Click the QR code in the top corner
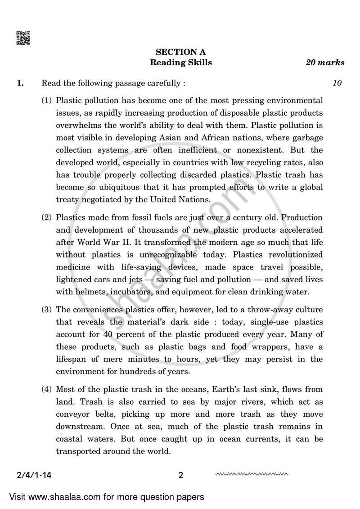pyautogui.click(x=23, y=38)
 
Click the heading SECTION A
pyautogui.click(x=180, y=52)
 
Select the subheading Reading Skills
pyautogui.click(x=180, y=63)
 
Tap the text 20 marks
pyautogui.click(x=325, y=63)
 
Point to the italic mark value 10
pyautogui.click(x=337, y=83)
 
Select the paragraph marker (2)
pyautogui.click(x=47, y=217)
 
